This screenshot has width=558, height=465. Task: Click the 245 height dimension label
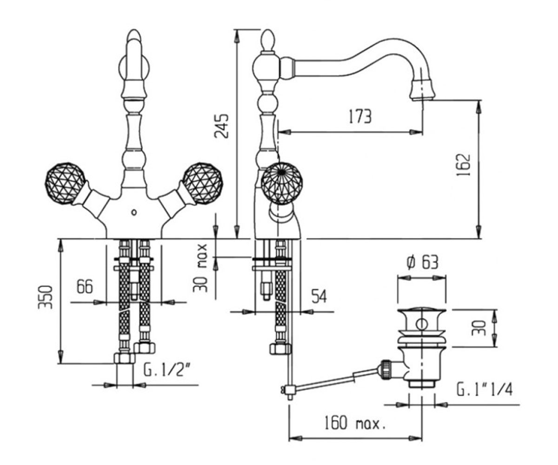coord(222,126)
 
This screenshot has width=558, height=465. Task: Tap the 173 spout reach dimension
coord(360,116)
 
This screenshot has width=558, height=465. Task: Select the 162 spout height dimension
coord(463,165)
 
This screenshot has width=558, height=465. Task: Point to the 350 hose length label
coord(45,297)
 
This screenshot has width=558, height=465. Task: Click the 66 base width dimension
coord(85,286)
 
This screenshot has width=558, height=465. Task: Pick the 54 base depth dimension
coord(319,296)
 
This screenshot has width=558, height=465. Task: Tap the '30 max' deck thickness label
coord(200,268)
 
